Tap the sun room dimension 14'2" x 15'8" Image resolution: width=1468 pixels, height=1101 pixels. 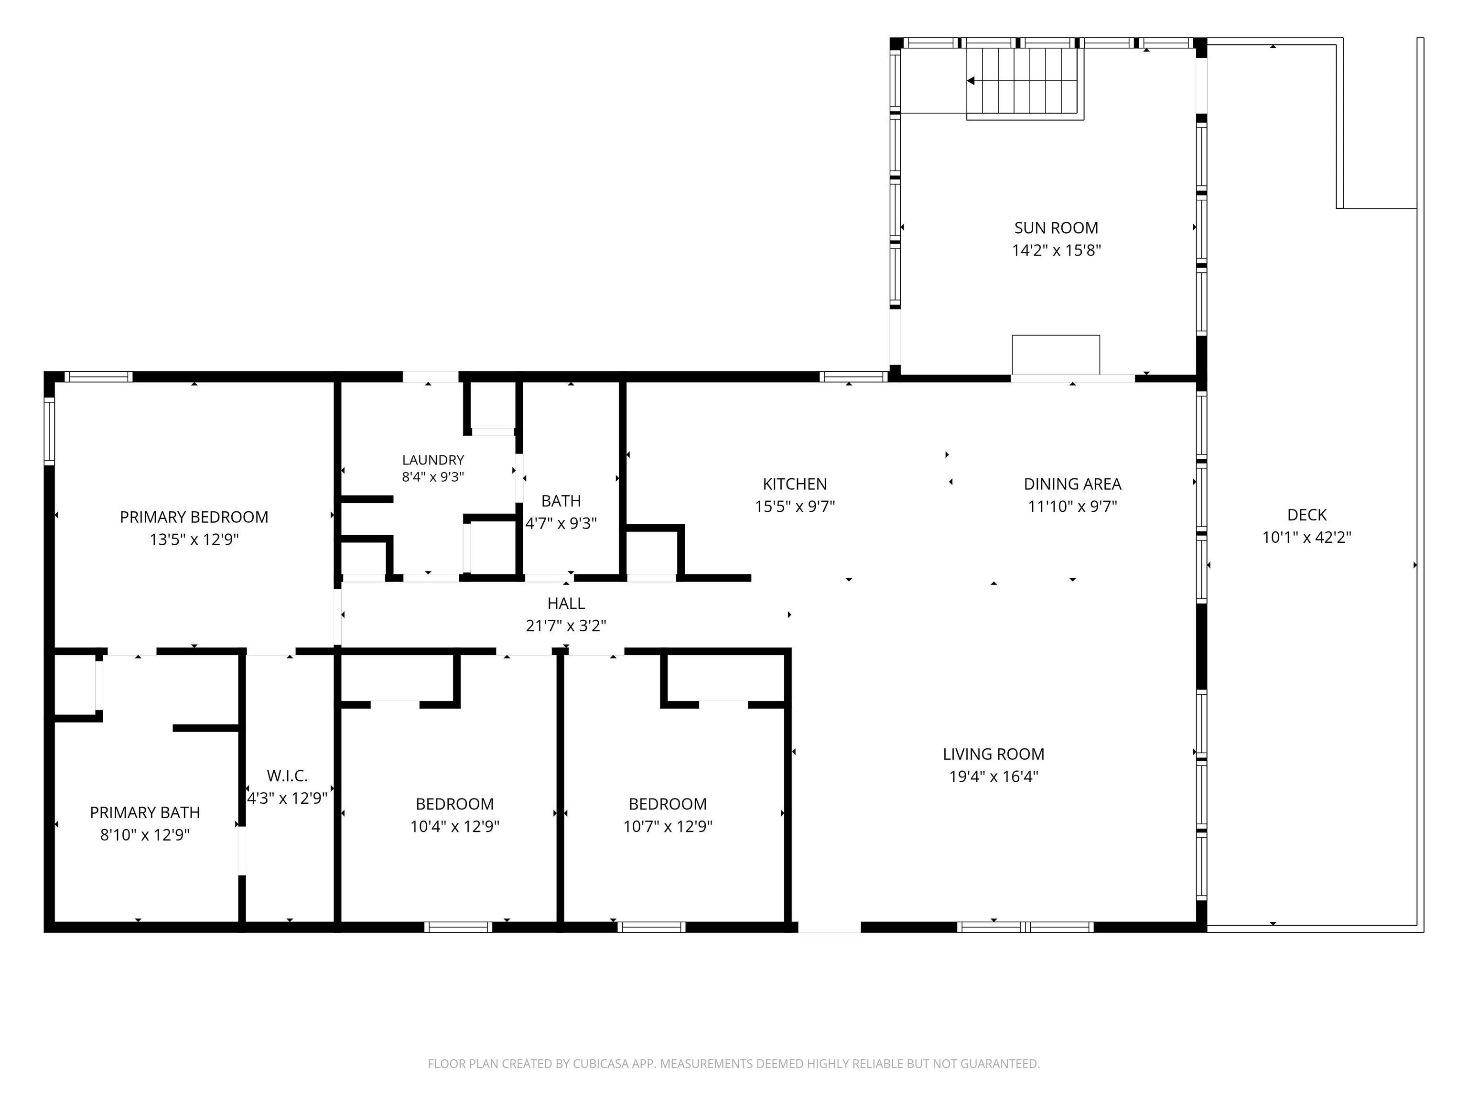(1057, 250)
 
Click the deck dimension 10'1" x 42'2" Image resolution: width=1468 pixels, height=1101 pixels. (1307, 537)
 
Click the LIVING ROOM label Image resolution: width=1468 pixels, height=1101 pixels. (993, 754)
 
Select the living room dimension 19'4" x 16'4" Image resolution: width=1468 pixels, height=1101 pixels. (993, 777)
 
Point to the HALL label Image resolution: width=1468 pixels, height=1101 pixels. (566, 603)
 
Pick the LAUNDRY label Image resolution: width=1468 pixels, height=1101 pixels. (432, 460)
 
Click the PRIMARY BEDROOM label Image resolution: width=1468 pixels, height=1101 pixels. (194, 517)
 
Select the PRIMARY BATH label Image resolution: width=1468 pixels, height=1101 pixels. (145, 812)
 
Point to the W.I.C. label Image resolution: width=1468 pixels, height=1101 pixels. (287, 775)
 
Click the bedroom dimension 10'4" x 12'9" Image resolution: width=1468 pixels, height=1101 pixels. (454, 826)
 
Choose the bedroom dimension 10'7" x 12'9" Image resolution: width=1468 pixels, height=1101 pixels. (668, 826)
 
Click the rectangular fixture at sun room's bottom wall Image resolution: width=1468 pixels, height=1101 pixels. (1056, 355)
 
